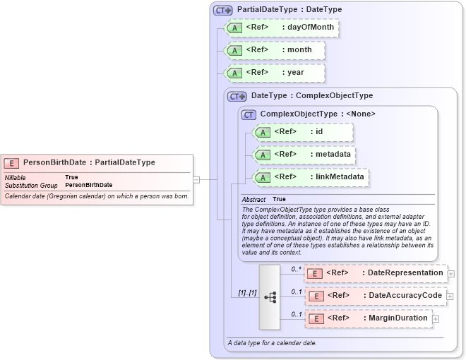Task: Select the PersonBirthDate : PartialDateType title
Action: coord(89,162)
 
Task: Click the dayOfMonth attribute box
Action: coord(280,28)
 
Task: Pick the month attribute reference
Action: coord(275,50)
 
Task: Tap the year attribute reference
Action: coord(275,73)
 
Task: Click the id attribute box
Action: coord(303,132)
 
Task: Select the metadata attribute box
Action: coord(304,155)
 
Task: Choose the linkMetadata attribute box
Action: coord(311,177)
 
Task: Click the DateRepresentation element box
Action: coord(375,273)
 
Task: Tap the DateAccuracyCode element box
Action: coord(375,296)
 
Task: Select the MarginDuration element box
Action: coord(368,318)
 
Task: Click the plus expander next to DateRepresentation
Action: coord(450,274)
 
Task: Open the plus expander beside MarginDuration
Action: coord(436,319)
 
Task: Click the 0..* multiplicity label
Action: coord(297,269)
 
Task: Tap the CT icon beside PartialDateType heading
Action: coord(223,10)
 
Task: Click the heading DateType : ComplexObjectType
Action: coord(311,95)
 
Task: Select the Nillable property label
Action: coord(17,177)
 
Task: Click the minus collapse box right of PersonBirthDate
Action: coord(196,180)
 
